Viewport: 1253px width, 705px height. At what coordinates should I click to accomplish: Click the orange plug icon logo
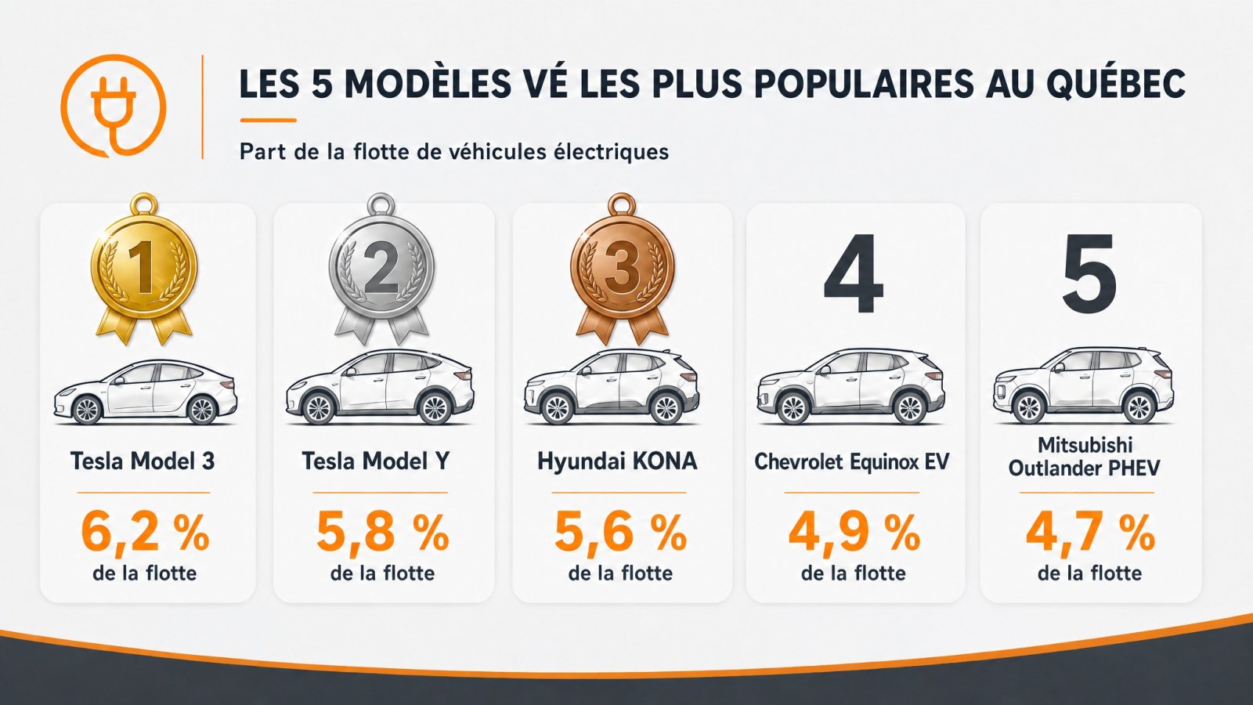click(114, 105)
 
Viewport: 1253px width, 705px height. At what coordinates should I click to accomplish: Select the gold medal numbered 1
click(144, 269)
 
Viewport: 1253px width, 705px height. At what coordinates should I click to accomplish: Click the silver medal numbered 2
click(381, 269)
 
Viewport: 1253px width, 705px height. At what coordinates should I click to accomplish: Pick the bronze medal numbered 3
click(622, 269)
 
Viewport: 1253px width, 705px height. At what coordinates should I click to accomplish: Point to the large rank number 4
click(853, 273)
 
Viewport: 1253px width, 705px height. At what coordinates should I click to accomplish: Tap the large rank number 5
click(1089, 273)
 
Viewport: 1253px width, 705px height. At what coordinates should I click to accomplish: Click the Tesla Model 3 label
click(143, 461)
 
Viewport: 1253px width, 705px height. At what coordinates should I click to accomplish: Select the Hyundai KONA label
click(618, 461)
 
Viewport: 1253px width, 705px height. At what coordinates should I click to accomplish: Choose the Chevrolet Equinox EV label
click(852, 462)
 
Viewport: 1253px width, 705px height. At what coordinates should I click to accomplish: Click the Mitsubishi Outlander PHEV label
click(1084, 457)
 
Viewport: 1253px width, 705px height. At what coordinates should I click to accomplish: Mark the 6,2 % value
click(145, 532)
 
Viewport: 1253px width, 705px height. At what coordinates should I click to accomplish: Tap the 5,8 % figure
click(383, 532)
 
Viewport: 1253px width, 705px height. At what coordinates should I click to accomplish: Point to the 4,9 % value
click(854, 532)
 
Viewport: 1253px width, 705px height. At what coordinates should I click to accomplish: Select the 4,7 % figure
click(1090, 532)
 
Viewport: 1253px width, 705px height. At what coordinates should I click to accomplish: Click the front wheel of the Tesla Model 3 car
click(88, 410)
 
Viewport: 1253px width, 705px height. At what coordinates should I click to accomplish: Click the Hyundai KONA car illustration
click(612, 386)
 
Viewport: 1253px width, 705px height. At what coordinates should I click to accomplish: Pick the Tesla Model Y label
click(375, 461)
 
